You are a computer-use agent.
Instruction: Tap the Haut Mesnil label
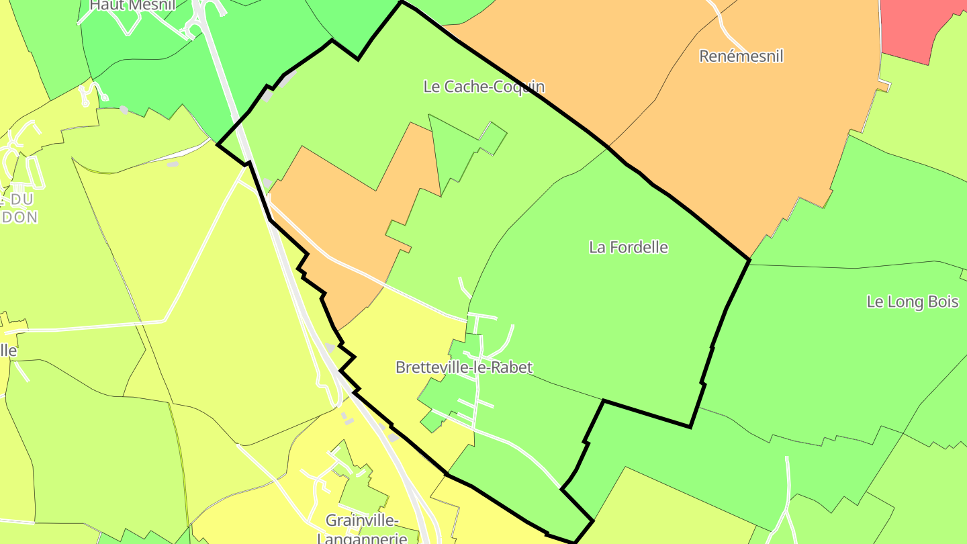(x=132, y=5)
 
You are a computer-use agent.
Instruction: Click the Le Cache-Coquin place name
(x=483, y=87)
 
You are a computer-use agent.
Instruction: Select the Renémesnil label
(x=741, y=56)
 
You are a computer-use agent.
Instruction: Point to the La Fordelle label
(x=629, y=247)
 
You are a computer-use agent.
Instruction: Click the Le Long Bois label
(x=913, y=302)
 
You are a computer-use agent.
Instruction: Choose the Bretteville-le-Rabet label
(x=464, y=367)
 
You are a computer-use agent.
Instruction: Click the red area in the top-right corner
(x=920, y=27)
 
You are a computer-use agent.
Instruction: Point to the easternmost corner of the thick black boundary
(x=749, y=259)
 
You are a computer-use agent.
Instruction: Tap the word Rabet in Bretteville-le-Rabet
(x=510, y=367)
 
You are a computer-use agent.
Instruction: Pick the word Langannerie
(x=363, y=539)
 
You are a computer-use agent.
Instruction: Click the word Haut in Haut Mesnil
(x=104, y=5)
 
